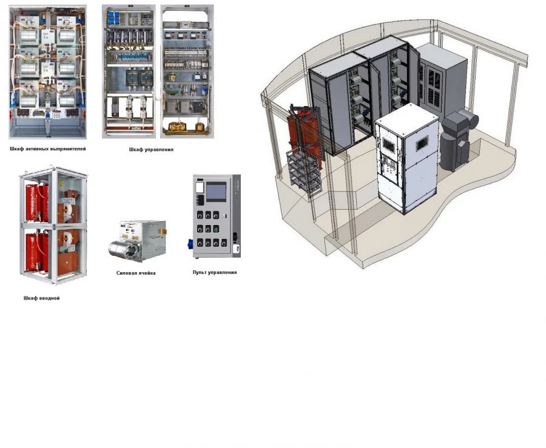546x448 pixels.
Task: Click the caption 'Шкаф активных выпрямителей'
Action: point(48,149)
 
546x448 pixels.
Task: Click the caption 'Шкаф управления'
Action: point(151,150)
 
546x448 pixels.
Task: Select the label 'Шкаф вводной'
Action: point(41,298)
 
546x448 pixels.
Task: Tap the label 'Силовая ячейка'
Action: point(136,273)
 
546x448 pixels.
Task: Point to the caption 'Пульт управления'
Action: point(215,272)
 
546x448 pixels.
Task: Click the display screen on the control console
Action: point(216,192)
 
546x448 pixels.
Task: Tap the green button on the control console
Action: point(216,229)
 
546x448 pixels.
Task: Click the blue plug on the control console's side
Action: point(190,244)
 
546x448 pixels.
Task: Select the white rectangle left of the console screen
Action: point(200,187)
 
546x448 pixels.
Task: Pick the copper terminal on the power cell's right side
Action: point(163,232)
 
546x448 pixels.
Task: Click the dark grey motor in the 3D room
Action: point(457,140)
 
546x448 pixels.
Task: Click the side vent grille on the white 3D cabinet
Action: point(422,143)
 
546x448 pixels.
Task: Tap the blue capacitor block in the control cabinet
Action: point(113,18)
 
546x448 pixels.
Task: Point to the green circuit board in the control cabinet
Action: point(171,92)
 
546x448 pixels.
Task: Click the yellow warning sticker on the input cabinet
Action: point(62,182)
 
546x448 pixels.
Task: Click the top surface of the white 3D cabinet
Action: point(406,117)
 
